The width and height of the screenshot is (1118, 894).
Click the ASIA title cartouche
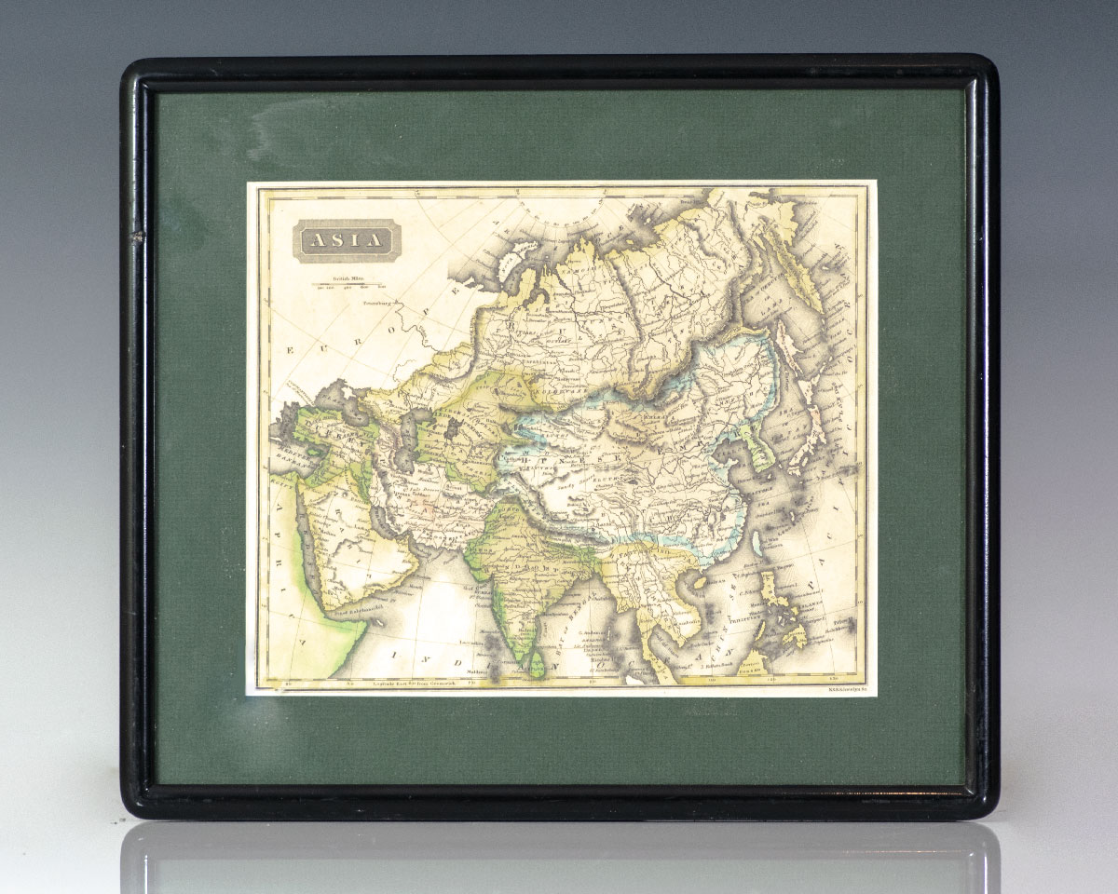[345, 240]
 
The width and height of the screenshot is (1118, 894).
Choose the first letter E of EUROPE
[291, 351]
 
